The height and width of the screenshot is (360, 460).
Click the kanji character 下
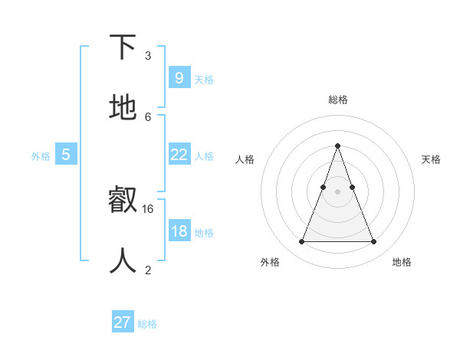click(x=123, y=47)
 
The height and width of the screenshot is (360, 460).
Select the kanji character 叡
click(x=123, y=201)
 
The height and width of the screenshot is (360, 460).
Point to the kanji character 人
click(x=123, y=261)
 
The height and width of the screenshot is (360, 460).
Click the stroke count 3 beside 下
click(x=148, y=55)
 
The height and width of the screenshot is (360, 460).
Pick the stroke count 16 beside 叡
click(x=148, y=208)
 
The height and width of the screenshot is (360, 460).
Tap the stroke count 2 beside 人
click(x=148, y=270)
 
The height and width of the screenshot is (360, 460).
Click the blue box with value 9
click(x=179, y=77)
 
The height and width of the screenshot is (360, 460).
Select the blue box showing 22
click(x=179, y=155)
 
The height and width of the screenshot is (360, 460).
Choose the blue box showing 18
click(x=179, y=231)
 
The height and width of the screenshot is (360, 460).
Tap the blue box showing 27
click(x=122, y=322)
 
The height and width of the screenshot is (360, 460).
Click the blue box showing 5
click(x=66, y=155)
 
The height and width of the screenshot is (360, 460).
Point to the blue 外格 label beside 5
click(x=41, y=155)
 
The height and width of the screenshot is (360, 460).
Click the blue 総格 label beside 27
click(x=147, y=324)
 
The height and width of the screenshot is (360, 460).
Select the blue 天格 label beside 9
click(x=204, y=79)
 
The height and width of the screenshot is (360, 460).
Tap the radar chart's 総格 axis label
click(x=337, y=100)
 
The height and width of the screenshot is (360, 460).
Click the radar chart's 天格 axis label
click(x=431, y=159)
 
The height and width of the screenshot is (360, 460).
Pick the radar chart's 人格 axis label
click(x=245, y=159)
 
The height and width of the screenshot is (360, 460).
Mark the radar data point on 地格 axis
click(x=373, y=242)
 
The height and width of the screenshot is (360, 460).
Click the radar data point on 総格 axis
click(x=337, y=146)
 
